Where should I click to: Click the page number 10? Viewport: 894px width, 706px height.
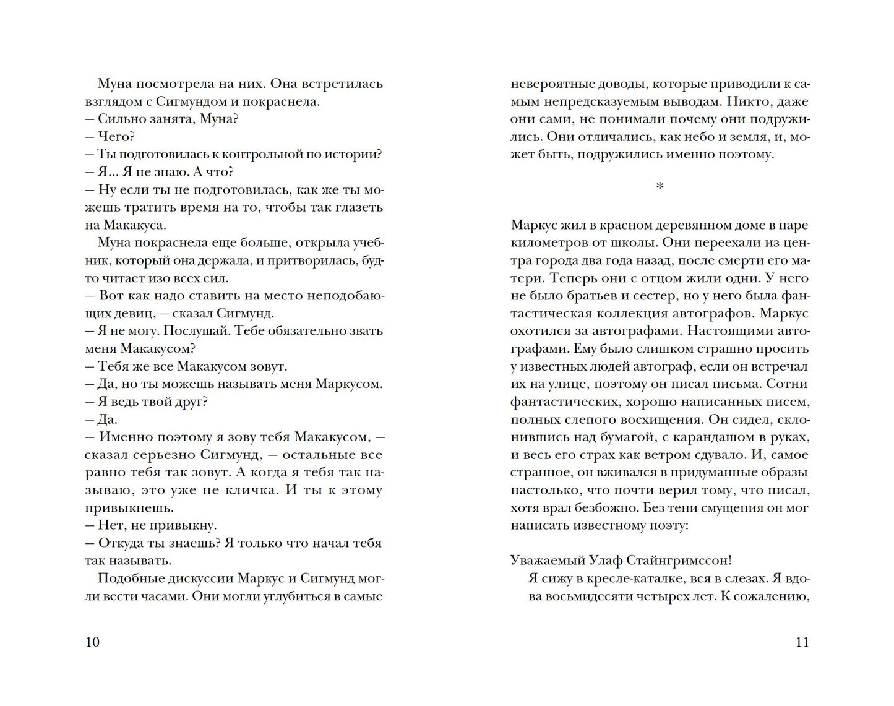(92, 642)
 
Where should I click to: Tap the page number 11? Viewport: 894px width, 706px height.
(801, 642)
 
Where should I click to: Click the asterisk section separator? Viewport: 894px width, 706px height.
(660, 186)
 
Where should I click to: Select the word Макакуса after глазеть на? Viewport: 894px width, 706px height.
(134, 225)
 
